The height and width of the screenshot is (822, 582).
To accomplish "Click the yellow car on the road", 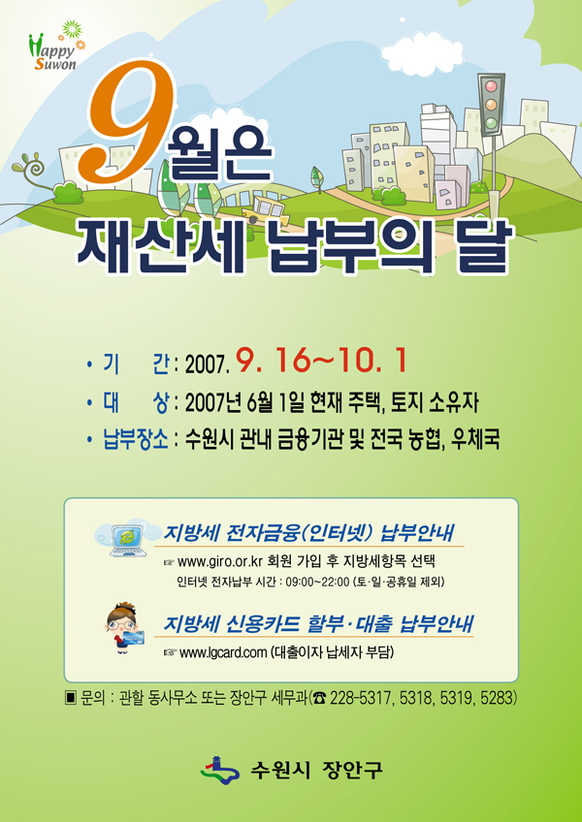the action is point(266,209).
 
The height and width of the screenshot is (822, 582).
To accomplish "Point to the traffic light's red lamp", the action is point(492,85).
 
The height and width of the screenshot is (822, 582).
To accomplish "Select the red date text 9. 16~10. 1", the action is point(321,361).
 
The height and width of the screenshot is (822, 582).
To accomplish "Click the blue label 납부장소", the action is point(135,439).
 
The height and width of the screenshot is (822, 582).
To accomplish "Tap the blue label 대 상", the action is point(135,402).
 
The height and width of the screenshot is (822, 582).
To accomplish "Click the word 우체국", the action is point(476,439).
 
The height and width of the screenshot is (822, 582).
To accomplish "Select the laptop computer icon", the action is point(127,539).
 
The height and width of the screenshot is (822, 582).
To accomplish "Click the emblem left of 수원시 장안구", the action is point(220,769).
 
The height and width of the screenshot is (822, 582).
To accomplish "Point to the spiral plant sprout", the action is point(30,167).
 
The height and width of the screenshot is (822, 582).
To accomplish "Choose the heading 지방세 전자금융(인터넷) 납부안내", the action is point(308,533).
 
